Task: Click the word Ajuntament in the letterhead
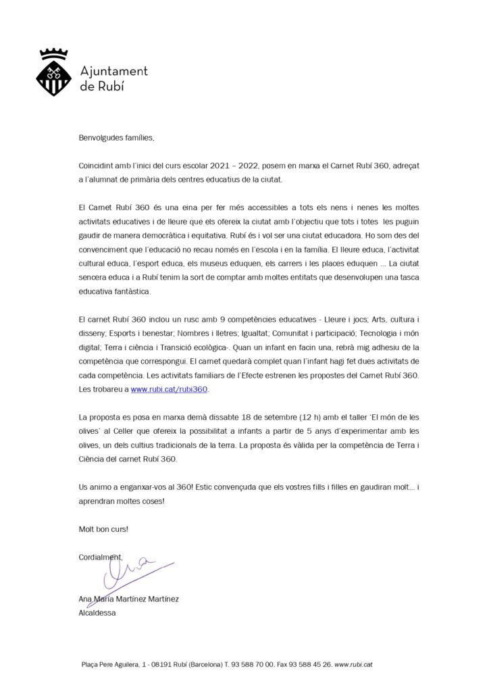click(113, 71)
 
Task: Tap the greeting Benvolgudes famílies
click(116, 139)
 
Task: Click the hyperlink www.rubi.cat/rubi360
click(169, 390)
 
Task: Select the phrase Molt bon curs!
click(103, 529)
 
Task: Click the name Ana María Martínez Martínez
click(128, 599)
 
